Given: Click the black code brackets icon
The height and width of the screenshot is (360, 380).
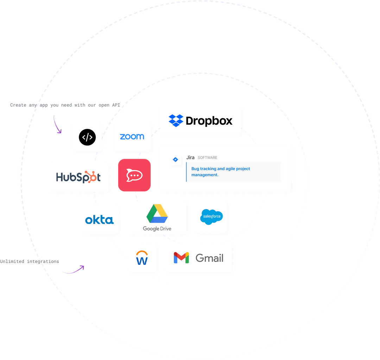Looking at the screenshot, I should tap(87, 137).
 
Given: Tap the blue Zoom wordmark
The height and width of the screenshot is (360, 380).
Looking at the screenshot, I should tap(132, 137).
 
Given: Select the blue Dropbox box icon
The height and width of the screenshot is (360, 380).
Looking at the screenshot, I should tap(176, 120).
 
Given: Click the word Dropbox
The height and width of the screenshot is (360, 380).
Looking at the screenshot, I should tap(209, 121).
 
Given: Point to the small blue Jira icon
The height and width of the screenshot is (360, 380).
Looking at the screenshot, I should tap(176, 160).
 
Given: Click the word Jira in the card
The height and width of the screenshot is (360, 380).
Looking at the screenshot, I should tap(190, 157).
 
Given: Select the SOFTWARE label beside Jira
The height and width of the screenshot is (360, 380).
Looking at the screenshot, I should tap(207, 158).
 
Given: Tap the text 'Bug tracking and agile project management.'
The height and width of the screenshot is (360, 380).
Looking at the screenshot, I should tap(221, 172).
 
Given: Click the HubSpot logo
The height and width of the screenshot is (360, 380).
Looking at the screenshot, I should tap(78, 177).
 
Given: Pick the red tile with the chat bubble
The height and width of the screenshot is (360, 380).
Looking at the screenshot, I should tap(134, 175).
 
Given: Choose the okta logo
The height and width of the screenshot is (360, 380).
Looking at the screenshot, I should tap(99, 220).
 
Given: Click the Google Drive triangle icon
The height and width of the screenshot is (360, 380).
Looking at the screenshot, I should tap(157, 213).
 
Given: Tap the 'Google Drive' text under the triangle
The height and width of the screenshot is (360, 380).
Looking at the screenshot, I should tap(157, 229).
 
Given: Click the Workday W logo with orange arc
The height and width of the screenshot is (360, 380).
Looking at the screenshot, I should tap(142, 258).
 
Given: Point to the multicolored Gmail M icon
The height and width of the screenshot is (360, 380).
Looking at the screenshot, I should tap(181, 258).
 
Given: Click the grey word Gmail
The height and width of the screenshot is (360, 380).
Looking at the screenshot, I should tap(209, 258).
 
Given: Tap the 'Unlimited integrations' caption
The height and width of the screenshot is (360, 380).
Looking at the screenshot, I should tap(30, 262).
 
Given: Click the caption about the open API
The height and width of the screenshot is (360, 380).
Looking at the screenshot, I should tap(65, 105).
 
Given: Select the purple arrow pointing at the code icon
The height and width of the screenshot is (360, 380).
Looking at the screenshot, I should tap(57, 125).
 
